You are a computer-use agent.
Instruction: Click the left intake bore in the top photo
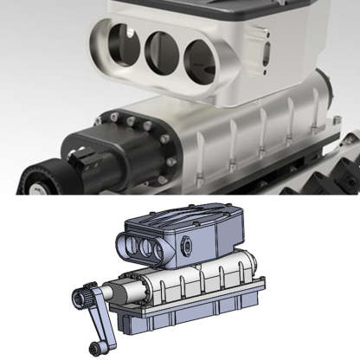tap(119, 42)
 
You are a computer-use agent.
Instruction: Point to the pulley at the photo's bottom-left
tap(39, 177)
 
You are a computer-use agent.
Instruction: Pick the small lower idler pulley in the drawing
tap(104, 346)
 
